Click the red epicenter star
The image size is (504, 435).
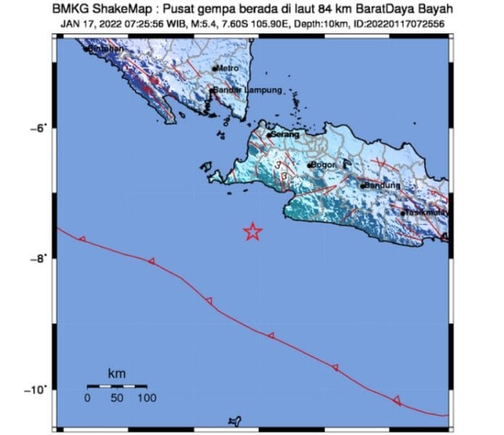point(252,232)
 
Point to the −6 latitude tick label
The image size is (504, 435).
point(38,128)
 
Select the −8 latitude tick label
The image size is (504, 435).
point(38,258)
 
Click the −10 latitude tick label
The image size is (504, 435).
point(35,389)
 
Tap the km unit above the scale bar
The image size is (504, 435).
point(116,373)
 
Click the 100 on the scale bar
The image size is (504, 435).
point(146,397)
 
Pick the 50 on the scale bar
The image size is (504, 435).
point(117,397)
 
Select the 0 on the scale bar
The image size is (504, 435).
point(87,397)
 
